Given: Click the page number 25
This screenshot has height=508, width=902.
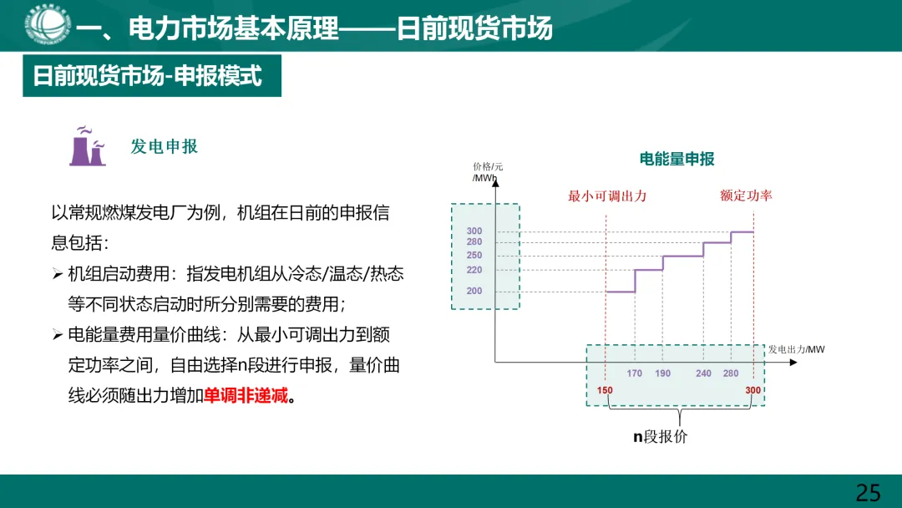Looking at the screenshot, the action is click(868, 492).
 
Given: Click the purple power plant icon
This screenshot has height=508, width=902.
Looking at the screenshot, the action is click(87, 147).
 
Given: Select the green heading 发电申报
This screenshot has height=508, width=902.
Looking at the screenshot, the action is click(165, 146).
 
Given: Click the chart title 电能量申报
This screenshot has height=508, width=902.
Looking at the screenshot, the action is click(676, 159).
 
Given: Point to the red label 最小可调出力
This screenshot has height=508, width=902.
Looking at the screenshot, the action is click(607, 196).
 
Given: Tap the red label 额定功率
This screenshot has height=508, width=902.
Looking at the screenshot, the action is click(746, 196).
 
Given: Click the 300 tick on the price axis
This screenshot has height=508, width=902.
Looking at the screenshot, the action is click(474, 231).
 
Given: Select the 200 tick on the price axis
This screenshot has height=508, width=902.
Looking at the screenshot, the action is click(474, 291).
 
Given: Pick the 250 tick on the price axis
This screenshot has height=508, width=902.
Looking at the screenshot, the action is click(474, 255).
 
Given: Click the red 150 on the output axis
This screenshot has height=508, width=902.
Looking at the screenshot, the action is click(606, 391).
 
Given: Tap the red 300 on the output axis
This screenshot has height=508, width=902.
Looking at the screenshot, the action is click(753, 391).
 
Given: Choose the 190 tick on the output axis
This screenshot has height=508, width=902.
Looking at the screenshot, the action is click(663, 373).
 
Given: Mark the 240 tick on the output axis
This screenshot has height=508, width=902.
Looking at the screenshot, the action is click(704, 373).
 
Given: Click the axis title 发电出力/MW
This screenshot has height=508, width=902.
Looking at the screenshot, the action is click(796, 349).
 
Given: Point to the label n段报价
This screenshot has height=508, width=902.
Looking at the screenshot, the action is click(660, 436).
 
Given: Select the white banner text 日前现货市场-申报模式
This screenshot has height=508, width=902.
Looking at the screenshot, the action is click(147, 77).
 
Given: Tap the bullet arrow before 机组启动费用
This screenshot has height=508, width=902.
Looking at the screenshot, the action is click(57, 274).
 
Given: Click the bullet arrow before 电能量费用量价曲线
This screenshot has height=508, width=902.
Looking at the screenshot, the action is click(57, 335).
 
